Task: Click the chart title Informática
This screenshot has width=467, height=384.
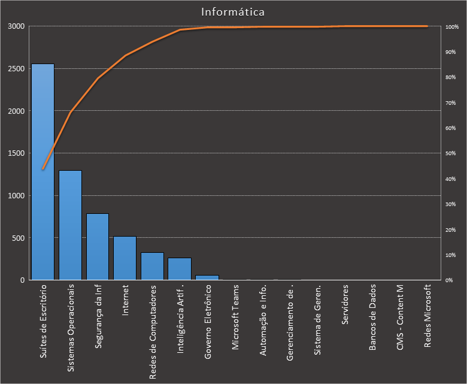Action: tap(233, 11)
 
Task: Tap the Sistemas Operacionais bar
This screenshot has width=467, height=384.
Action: tap(70, 225)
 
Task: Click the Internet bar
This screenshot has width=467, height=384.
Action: tap(125, 258)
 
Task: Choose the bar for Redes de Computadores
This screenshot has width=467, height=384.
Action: tap(152, 266)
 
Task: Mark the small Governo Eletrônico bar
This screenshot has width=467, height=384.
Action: tap(207, 277)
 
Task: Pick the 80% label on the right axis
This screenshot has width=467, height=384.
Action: tap(451, 78)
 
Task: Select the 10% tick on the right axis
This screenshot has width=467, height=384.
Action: tap(451, 255)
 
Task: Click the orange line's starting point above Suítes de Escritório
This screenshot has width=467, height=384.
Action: tap(43, 169)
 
